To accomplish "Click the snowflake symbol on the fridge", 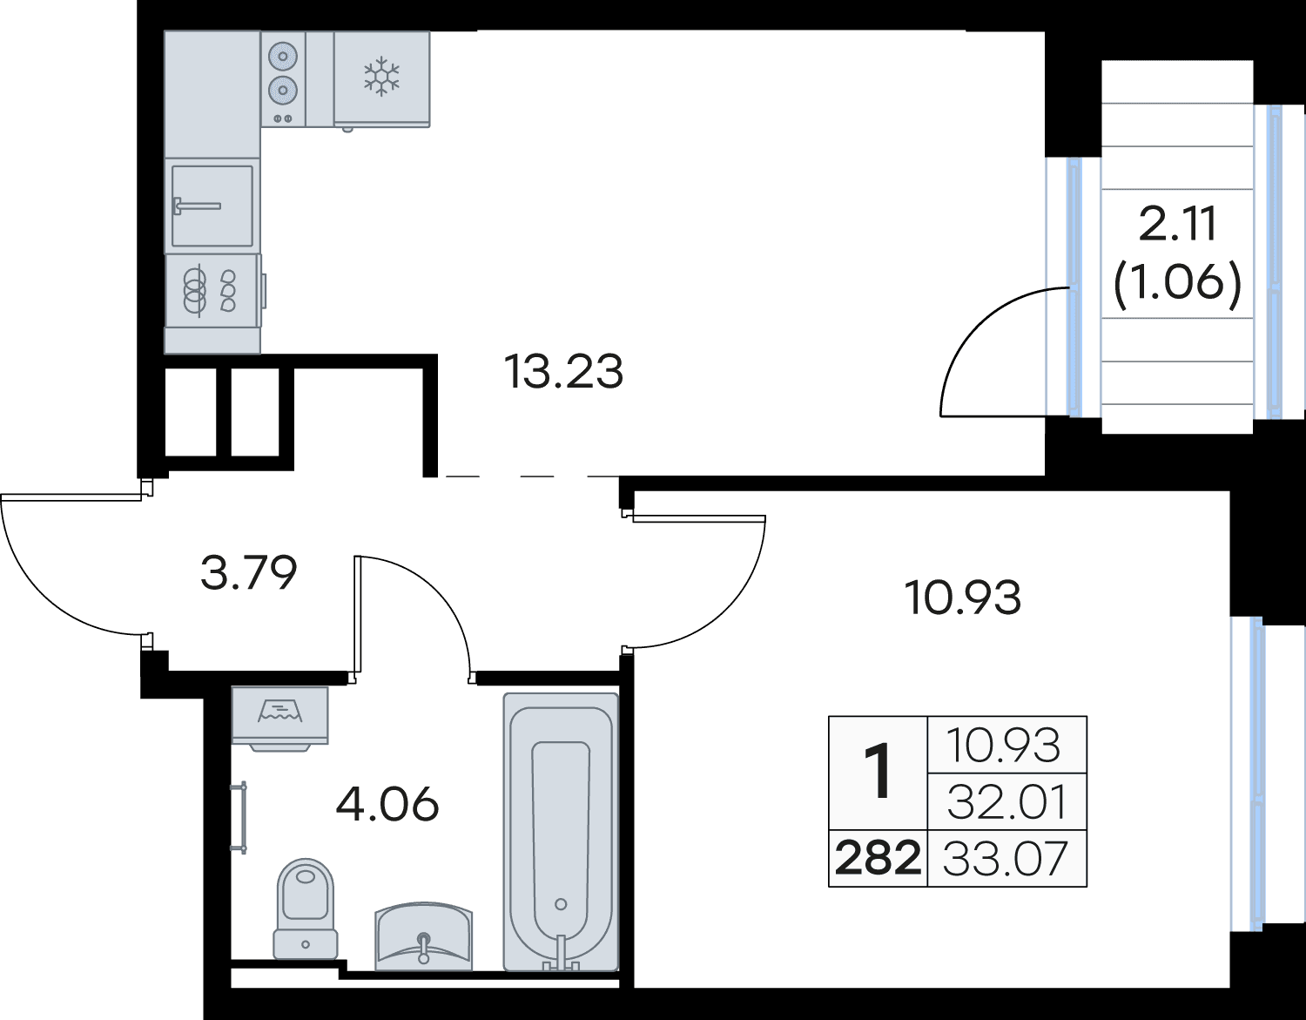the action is click(381, 77).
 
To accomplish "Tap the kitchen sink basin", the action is click(212, 206).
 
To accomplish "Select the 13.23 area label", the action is click(563, 371).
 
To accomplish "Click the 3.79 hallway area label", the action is click(248, 572).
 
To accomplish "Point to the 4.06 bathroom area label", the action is click(387, 804).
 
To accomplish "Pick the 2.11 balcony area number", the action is click(1178, 224).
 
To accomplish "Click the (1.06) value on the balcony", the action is click(1178, 287).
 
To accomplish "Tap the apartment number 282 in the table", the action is click(879, 858).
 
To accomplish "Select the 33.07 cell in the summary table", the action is click(1006, 858).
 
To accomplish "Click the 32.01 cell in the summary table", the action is click(1006, 802).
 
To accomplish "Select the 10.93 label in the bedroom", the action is click(962, 598).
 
